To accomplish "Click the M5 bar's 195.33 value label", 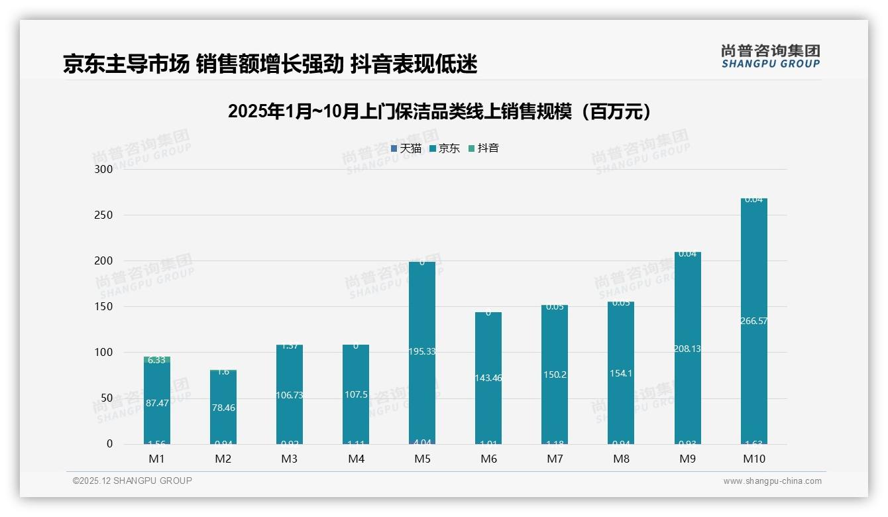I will tap(422, 351).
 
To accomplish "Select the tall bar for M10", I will tap(753, 265).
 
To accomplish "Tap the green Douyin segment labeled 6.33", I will tap(157, 360).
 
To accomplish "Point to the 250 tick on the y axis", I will tap(104, 215).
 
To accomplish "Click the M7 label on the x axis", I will tap(555, 459).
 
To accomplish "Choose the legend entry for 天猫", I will tap(406, 148).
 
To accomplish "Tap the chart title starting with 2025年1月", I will tap(439, 111).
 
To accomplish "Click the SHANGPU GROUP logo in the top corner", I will tap(770, 56).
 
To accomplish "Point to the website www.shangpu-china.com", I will tap(772, 481).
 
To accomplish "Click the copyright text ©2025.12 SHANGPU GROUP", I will tap(133, 481).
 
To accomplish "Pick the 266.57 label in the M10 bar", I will tap(753, 321).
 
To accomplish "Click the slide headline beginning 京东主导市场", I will tap(270, 64).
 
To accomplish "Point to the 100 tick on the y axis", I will tap(104, 352).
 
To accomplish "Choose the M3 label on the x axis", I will tap(290, 459).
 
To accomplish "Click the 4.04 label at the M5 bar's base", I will tap(422, 442).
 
